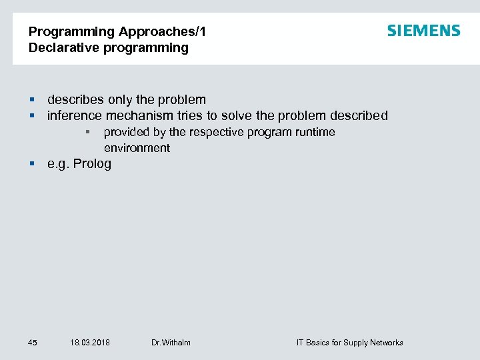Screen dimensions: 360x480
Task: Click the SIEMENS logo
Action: tap(423, 31)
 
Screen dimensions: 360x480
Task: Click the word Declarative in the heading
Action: tap(59, 47)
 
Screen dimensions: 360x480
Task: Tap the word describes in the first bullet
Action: tap(75, 100)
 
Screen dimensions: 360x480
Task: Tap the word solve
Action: tap(238, 116)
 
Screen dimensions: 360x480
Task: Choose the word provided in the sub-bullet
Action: tap(125, 132)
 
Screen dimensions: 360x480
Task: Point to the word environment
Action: tap(137, 148)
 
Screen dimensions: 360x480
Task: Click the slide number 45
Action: tap(33, 343)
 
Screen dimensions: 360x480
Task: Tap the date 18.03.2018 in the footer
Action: tap(89, 343)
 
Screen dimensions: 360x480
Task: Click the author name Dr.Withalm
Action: tap(171, 343)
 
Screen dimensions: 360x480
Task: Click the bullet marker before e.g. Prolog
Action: tap(31, 164)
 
